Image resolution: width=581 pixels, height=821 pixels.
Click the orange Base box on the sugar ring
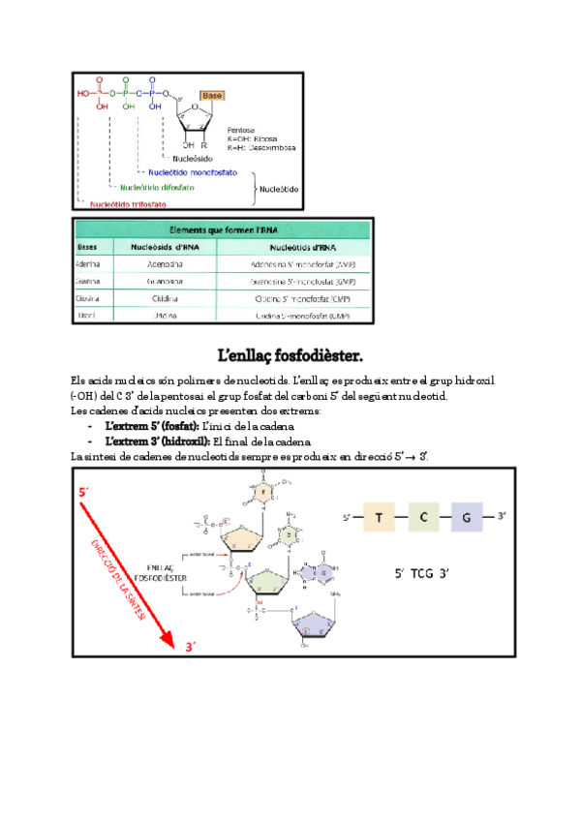coord(212,96)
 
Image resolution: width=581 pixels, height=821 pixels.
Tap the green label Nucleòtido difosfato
coord(158,188)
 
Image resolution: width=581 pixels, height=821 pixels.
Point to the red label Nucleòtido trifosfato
coord(128,205)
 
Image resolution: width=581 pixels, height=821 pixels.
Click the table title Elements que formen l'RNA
coord(221,230)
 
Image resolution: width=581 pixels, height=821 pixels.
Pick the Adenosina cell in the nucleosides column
coord(162,263)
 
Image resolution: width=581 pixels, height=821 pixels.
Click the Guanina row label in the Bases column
coord(90,281)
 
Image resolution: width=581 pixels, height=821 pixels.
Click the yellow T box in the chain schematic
coord(380,518)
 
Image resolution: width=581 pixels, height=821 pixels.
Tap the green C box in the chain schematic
coord(423,518)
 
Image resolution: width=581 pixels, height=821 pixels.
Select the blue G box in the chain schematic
coord(466,518)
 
